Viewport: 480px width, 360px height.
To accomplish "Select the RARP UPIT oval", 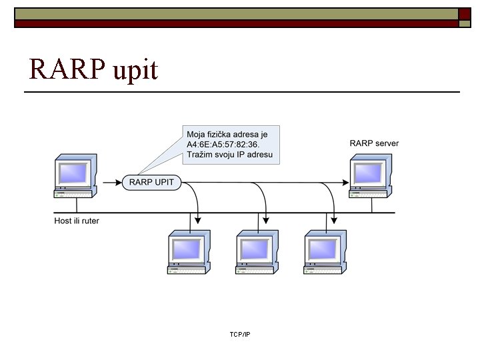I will (x=151, y=182).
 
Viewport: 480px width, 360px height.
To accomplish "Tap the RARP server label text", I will (x=375, y=143).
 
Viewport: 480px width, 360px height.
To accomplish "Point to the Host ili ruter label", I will (x=77, y=221).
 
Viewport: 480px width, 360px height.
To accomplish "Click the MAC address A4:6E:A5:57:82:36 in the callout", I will (x=221, y=146).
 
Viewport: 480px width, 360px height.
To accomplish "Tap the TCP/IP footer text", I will (x=239, y=334).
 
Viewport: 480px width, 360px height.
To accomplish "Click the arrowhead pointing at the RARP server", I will (x=346, y=182).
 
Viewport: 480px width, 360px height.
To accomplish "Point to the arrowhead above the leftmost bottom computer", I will (x=198, y=219).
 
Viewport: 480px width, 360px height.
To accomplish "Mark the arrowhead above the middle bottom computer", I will (x=266, y=219).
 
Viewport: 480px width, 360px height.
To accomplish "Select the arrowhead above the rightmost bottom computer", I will (x=334, y=219).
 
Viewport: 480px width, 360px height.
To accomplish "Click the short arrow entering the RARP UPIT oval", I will (x=111, y=182).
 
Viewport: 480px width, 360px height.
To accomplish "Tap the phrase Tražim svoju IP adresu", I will (x=229, y=157).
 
